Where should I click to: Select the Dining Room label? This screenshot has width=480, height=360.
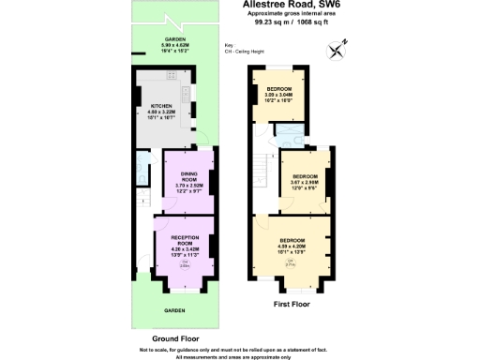[x=188, y=179]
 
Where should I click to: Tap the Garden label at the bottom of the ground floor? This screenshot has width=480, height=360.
[x=175, y=309]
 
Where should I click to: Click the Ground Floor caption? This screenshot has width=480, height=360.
[x=174, y=337]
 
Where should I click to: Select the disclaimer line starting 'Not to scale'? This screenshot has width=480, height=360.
[x=240, y=349]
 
